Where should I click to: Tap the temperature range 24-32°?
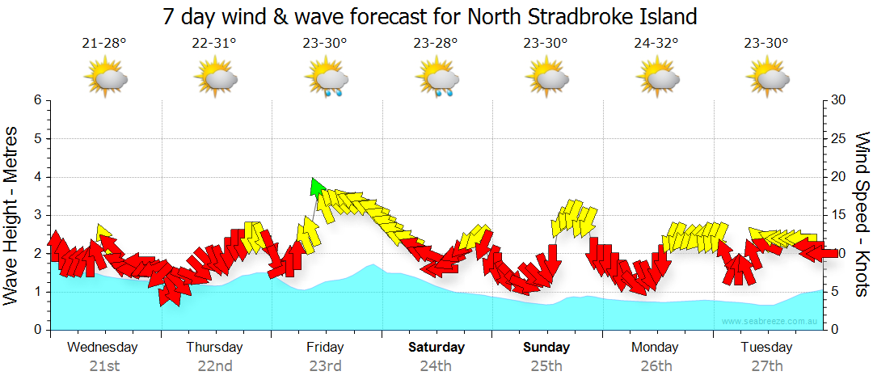click(656, 44)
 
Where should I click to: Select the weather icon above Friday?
click(326, 78)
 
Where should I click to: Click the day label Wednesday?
click(103, 347)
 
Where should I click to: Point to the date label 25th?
click(546, 365)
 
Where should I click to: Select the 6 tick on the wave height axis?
click(36, 100)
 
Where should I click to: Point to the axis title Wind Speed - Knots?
click(862, 213)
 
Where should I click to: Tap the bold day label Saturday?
click(436, 347)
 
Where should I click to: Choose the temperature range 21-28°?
click(103, 44)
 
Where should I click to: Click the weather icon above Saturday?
click(436, 78)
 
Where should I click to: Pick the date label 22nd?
click(214, 365)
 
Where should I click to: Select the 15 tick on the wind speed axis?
click(840, 215)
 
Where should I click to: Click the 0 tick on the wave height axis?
click(36, 330)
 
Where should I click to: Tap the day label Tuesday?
click(767, 347)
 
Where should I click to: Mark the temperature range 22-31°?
click(214, 44)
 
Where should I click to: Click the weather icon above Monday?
click(657, 78)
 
